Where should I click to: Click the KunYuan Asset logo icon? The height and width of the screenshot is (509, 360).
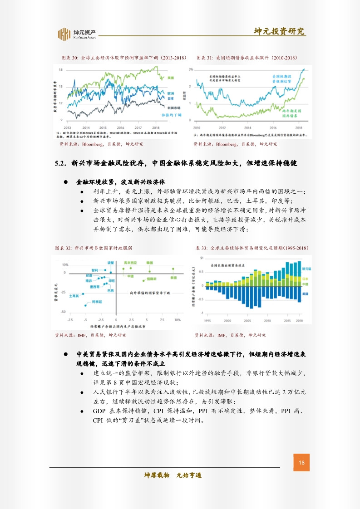[x=64, y=34]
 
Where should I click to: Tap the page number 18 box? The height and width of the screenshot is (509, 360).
[x=301, y=463]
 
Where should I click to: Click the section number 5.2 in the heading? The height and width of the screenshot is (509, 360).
[x=61, y=163]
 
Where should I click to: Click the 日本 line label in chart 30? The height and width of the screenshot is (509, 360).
[x=171, y=98]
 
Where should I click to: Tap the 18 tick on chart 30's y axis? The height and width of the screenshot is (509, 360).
[x=61, y=69]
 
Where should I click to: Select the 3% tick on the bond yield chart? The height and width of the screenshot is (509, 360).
[x=191, y=69]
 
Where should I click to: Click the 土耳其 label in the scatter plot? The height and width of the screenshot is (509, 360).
[x=74, y=295]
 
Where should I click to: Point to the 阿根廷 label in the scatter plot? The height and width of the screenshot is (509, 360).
[x=97, y=301]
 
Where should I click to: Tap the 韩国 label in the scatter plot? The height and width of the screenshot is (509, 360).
[x=149, y=263]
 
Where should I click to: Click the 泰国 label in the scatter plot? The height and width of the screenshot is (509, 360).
[x=173, y=277]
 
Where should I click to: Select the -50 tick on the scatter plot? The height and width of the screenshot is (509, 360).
[x=63, y=312]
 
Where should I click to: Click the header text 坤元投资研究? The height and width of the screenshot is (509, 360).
[x=279, y=31]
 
